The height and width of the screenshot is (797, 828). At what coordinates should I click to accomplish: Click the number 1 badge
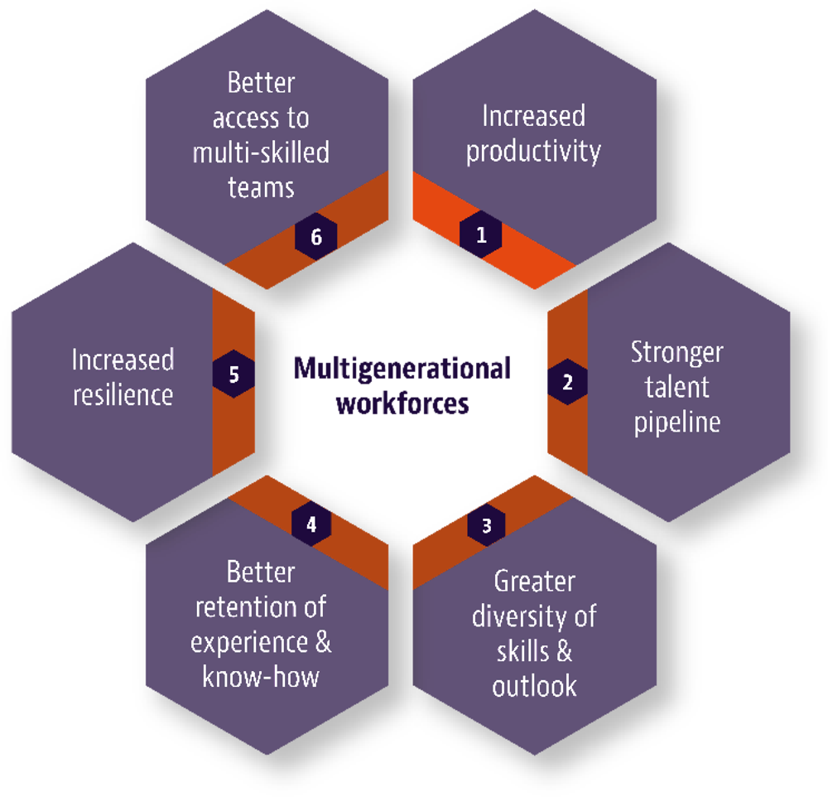point(481,235)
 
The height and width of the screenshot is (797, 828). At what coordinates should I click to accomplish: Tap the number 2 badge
point(567,383)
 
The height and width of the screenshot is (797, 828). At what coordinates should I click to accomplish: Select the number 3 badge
point(486,525)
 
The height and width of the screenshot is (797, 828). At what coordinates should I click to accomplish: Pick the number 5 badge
point(233,374)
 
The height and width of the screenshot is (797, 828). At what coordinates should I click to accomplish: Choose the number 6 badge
point(315,237)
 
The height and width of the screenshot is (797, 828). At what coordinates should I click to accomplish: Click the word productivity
point(533,152)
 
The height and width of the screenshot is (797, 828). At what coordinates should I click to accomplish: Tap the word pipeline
point(677,422)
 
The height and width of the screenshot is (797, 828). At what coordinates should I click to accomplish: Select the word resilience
point(123,394)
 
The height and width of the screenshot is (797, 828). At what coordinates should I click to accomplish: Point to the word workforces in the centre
point(402,405)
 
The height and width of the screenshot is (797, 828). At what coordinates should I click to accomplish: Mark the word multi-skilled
point(261,153)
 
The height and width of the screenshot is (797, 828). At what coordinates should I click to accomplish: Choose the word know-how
point(261,677)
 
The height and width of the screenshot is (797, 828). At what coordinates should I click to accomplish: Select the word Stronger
point(677,352)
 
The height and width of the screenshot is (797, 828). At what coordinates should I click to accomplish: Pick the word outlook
point(534,687)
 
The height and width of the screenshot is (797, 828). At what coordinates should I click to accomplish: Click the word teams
point(261,188)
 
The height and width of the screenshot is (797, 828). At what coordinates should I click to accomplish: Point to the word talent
point(677,387)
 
